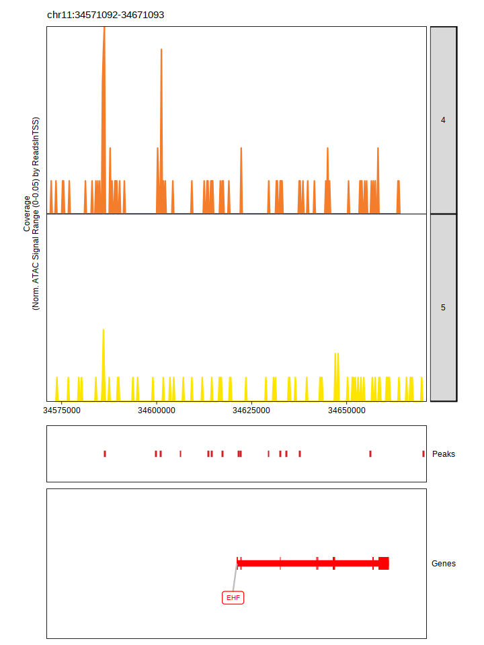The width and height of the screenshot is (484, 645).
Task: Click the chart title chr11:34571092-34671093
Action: (x=106, y=15)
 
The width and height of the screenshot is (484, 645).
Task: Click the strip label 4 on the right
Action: (x=443, y=120)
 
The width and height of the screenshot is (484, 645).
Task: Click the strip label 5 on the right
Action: (x=443, y=308)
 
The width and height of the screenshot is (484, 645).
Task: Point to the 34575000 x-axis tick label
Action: (x=62, y=410)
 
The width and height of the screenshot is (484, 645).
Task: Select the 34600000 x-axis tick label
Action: (x=157, y=410)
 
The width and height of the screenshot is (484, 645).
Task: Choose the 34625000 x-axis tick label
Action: (x=251, y=410)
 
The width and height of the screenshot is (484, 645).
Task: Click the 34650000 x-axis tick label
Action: (x=346, y=410)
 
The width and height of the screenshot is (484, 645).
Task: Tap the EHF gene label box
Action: (x=233, y=597)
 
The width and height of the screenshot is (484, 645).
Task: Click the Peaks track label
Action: (x=444, y=454)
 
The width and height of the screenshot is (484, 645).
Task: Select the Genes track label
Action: (x=444, y=564)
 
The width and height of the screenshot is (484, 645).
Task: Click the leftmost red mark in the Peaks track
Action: (x=105, y=454)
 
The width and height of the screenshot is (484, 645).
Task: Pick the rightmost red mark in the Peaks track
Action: (x=424, y=454)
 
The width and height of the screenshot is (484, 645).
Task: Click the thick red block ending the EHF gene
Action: (x=384, y=563)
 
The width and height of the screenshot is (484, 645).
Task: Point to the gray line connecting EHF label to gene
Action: (x=235, y=578)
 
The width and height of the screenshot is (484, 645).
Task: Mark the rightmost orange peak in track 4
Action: (x=399, y=196)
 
